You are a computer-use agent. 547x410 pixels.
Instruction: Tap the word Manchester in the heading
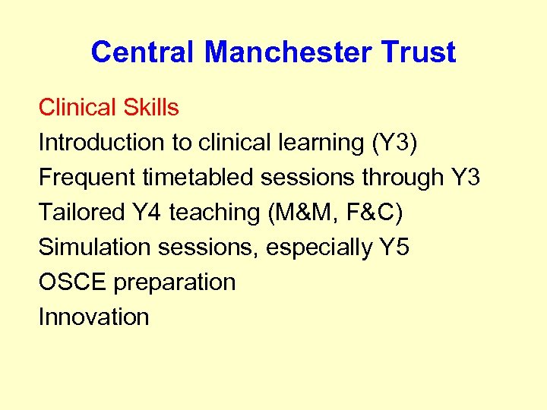[x=287, y=52]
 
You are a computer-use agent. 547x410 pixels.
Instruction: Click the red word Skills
[x=150, y=108]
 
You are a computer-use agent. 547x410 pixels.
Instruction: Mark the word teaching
[x=214, y=213]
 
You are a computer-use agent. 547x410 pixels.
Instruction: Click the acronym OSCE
[x=73, y=282]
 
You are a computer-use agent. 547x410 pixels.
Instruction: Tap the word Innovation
[x=93, y=317]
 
